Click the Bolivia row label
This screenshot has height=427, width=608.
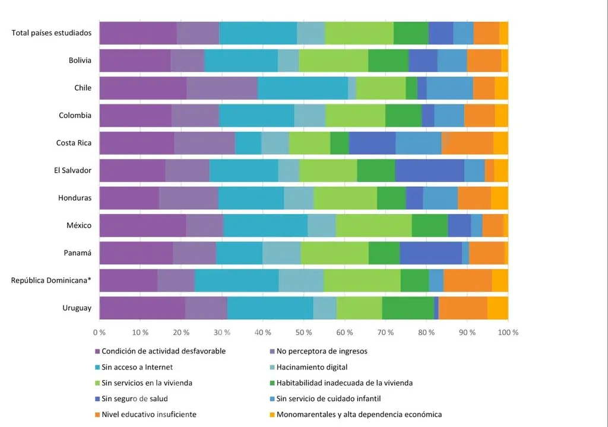coord(80,60)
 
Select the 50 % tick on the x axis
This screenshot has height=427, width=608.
coord(304,332)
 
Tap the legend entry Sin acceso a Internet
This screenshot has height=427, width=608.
coord(137,367)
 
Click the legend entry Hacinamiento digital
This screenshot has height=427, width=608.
coord(312,367)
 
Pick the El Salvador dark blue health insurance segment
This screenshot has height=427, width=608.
coord(429,170)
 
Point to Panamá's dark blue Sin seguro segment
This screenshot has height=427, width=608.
coord(430,253)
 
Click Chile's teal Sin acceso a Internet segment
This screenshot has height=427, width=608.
coord(303,88)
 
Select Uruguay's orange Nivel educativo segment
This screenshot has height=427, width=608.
coord(463,308)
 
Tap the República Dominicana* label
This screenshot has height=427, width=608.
coord(51,281)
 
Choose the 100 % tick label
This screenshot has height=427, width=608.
coord(507,332)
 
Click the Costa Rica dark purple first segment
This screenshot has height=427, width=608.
coord(137,143)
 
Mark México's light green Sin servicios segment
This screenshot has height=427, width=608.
coord(373,225)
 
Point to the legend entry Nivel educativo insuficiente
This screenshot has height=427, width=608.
coord(149,415)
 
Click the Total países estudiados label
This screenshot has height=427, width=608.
coord(52,33)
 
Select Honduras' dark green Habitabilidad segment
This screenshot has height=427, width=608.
coord(391,198)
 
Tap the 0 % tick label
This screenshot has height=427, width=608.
coord(99,332)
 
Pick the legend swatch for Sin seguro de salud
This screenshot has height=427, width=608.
coord(97,399)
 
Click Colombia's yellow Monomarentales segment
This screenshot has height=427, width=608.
coord(501,116)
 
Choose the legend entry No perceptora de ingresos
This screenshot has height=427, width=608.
coord(322,351)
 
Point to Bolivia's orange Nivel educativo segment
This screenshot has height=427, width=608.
coord(484,60)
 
